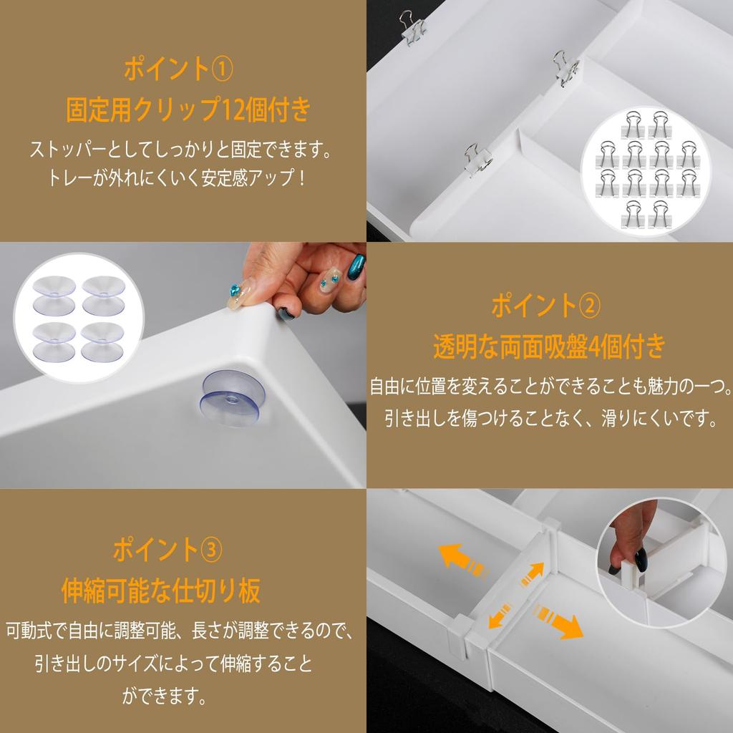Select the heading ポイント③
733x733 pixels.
pyautogui.click(x=168, y=550)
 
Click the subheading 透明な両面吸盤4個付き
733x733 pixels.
pyautogui.click(x=549, y=348)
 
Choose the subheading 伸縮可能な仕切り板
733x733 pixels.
pyautogui.click(x=161, y=592)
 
